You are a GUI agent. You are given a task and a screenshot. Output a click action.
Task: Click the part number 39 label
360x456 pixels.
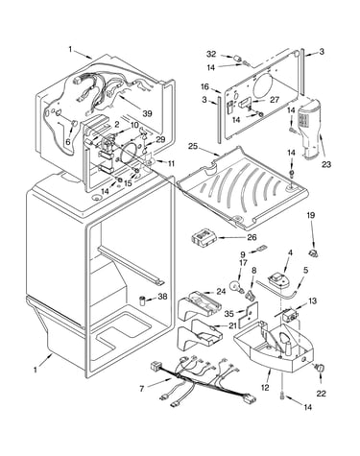(x=148, y=113)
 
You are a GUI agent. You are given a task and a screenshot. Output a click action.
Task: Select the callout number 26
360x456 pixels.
(x=252, y=237)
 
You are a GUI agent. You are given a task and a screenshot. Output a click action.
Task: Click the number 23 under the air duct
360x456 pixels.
(x=326, y=164)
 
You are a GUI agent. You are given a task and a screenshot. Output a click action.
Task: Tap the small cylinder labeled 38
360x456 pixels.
(x=143, y=301)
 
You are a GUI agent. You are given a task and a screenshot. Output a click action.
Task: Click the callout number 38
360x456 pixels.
(x=162, y=297)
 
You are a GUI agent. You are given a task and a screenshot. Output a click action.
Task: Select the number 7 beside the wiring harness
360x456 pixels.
(x=142, y=389)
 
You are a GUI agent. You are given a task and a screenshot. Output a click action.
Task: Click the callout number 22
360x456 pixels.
(x=321, y=394)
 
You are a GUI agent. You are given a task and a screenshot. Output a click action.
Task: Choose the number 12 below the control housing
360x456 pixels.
(x=265, y=388)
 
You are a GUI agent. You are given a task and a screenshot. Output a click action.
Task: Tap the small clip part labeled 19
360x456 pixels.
(x=313, y=253)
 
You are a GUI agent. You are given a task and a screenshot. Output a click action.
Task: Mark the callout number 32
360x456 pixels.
(x=211, y=54)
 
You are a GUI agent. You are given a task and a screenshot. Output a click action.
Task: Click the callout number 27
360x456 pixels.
(x=275, y=100)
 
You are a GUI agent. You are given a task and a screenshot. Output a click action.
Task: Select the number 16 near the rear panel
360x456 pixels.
(x=205, y=86)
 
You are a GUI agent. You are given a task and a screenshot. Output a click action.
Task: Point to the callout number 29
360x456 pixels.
(x=160, y=139)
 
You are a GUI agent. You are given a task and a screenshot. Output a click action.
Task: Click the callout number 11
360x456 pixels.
(x=172, y=163)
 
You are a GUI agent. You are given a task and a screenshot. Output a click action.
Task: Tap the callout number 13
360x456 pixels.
(x=312, y=300)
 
